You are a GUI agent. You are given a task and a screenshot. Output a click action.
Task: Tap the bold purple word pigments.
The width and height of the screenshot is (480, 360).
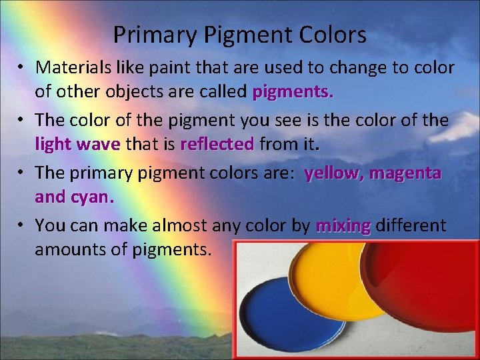point(293,92)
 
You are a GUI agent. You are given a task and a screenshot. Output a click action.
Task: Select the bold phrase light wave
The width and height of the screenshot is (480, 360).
point(77,144)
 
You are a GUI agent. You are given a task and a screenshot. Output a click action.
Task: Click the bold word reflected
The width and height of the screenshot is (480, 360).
point(217,144)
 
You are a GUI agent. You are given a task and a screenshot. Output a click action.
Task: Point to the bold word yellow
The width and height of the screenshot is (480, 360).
point(333,173)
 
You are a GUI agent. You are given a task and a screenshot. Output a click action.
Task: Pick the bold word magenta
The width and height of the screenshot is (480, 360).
point(405,173)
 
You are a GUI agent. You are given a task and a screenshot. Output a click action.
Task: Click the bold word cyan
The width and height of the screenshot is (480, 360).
point(91,197)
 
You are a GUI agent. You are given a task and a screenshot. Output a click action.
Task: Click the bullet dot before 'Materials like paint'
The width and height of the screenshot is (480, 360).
point(21,67)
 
